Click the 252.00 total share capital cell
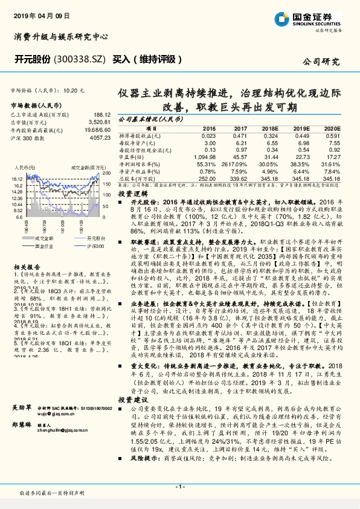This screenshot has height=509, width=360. pyautogui.click(x=207, y=180)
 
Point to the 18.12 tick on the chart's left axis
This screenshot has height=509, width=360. pyautogui.click(x=16, y=179)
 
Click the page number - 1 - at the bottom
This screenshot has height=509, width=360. pyautogui.click(x=179, y=487)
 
